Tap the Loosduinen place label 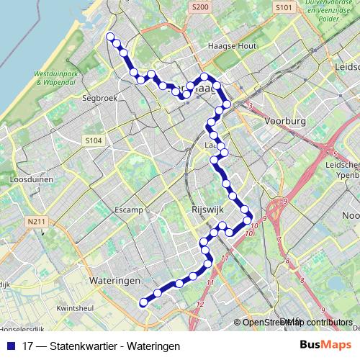pos(27,178)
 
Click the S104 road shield pos(92,140)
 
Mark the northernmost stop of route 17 pos(110,37)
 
